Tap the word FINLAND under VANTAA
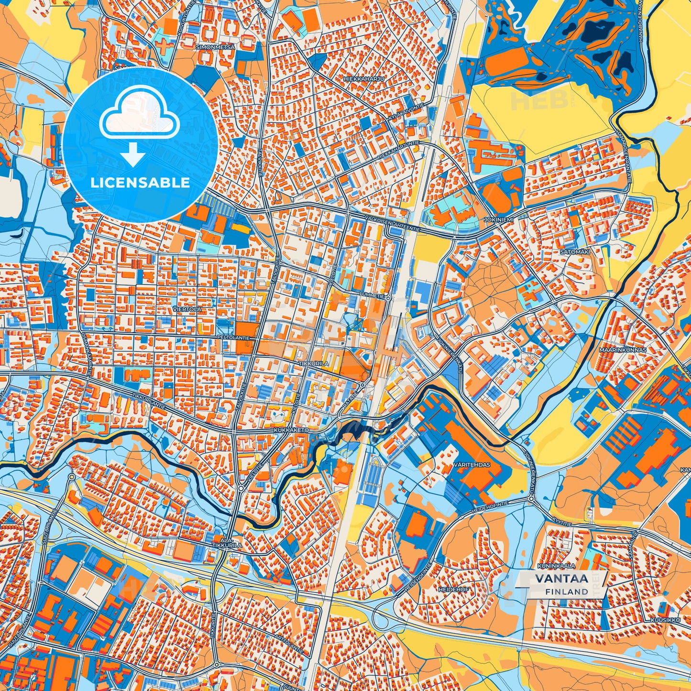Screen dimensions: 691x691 pyautogui.click(x=566, y=592)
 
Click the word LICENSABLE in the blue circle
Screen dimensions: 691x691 pyautogui.click(x=141, y=183)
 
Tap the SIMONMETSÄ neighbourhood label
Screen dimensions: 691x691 pyautogui.click(x=215, y=47)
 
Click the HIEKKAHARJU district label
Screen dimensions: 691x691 pyautogui.click(x=363, y=77)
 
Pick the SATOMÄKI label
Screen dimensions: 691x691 pyautogui.click(x=575, y=251)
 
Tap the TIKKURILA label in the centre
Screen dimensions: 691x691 pyautogui.click(x=314, y=364)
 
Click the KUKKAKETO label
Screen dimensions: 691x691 pyautogui.click(x=292, y=430)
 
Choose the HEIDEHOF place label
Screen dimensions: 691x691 pyautogui.click(x=454, y=590)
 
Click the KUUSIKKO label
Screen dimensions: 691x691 pyautogui.click(x=665, y=620)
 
